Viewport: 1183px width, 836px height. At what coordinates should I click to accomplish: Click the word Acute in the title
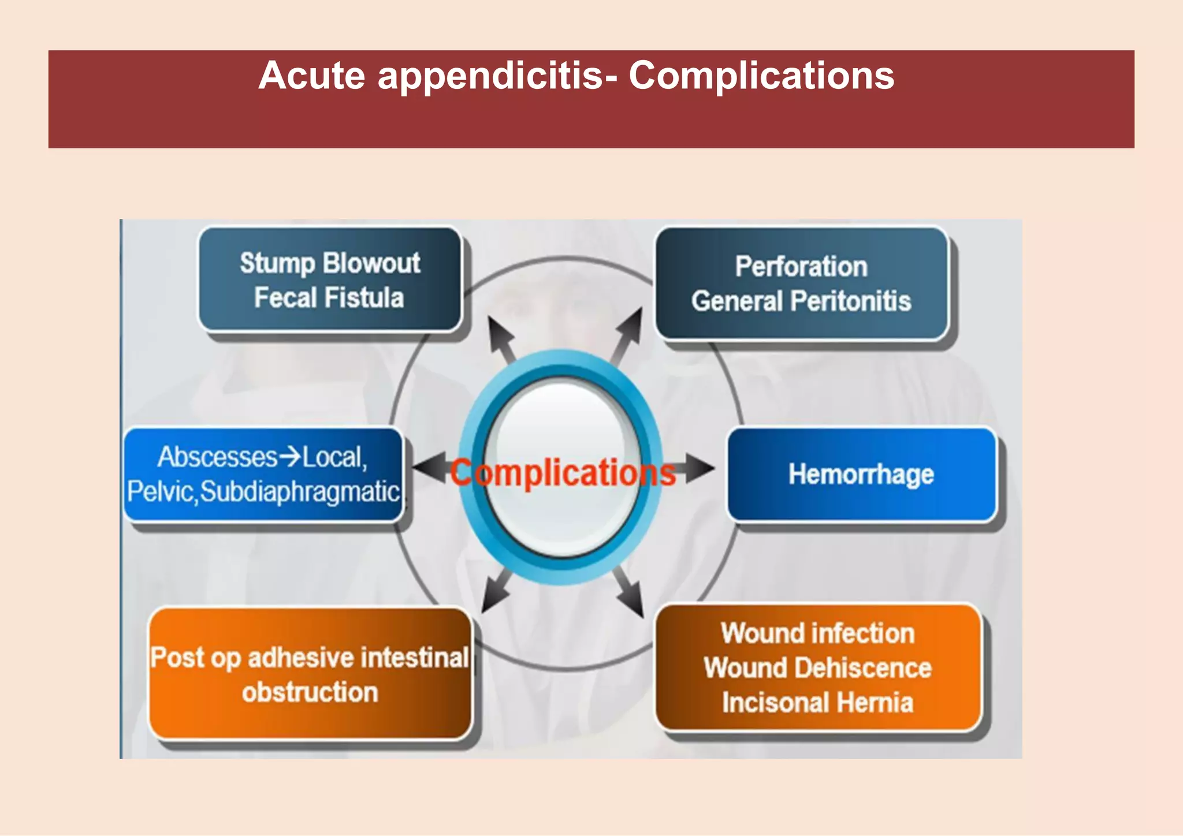click(x=312, y=76)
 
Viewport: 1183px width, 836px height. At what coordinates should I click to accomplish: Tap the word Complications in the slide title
click(x=761, y=76)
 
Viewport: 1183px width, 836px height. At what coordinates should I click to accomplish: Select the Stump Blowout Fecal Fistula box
click(x=330, y=279)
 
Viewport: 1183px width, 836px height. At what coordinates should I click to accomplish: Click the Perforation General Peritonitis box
click(x=801, y=283)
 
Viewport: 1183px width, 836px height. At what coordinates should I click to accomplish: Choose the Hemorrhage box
click(x=861, y=475)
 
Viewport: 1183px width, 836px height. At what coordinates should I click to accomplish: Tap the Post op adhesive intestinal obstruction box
click(x=310, y=674)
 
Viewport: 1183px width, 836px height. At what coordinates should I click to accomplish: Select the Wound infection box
click(x=818, y=668)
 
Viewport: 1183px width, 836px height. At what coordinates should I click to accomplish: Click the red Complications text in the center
click(x=563, y=473)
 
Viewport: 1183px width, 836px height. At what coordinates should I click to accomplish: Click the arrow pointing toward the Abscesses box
click(x=430, y=468)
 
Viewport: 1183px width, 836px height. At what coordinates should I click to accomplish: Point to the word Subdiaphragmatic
click(x=300, y=492)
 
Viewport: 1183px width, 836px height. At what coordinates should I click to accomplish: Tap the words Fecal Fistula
click(x=329, y=298)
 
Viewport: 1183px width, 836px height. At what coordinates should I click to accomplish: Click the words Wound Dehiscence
click(x=818, y=668)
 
